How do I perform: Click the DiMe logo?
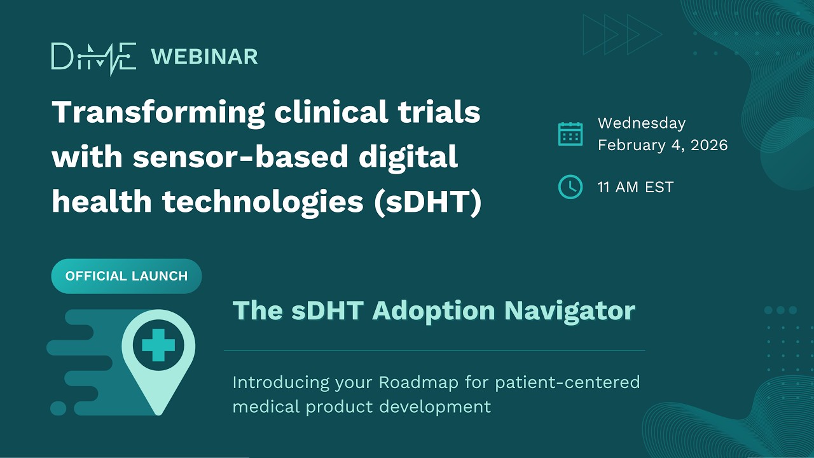click(x=93, y=57)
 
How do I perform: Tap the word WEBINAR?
click(x=204, y=57)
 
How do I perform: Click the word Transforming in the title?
click(x=158, y=113)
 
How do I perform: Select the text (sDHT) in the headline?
click(x=427, y=202)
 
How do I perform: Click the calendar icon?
click(x=570, y=134)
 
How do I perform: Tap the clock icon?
click(x=570, y=187)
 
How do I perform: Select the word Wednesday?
click(x=641, y=123)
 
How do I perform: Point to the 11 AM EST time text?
click(x=635, y=187)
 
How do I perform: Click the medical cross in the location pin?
click(x=158, y=346)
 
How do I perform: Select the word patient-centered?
click(x=567, y=382)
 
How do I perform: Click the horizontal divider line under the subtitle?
click(x=434, y=350)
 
